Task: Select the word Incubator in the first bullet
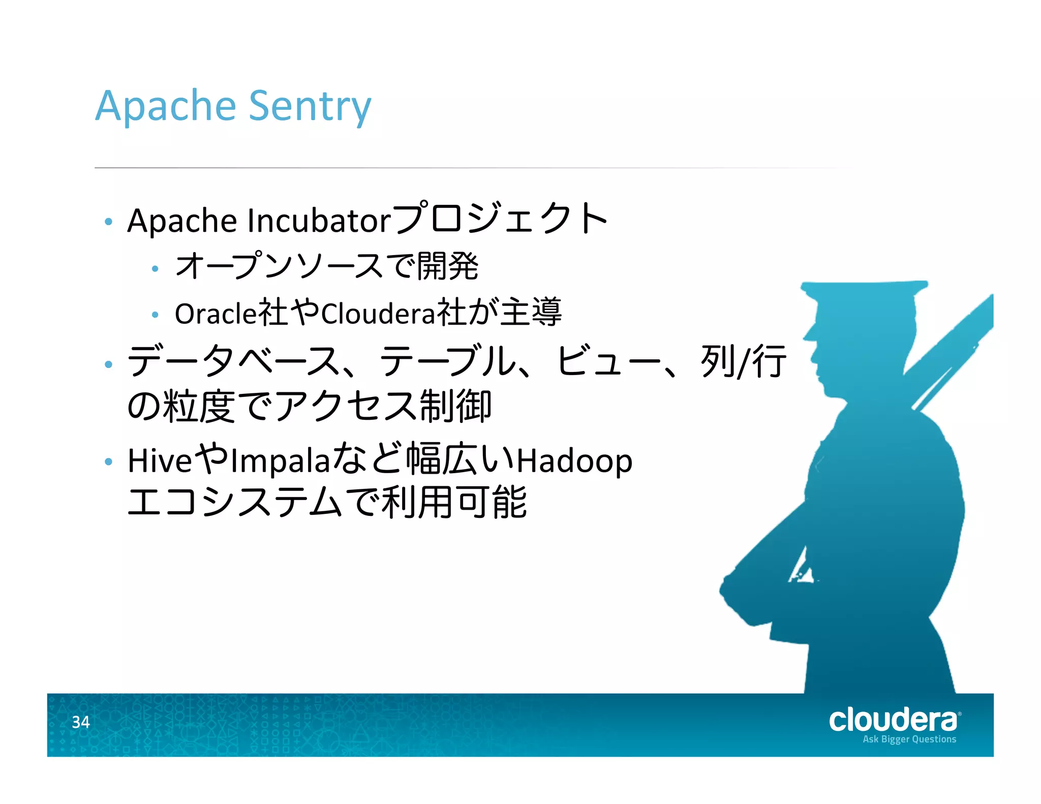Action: (319, 221)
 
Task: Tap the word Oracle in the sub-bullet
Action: (216, 313)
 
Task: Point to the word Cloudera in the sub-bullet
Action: (378, 313)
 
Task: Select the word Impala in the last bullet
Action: (280, 461)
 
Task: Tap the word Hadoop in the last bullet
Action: (574, 461)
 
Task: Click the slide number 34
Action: (81, 722)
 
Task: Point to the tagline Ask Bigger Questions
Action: (909, 739)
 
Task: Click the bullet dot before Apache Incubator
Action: (108, 222)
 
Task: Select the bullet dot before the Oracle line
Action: (156, 315)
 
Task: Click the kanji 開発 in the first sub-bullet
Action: (447, 266)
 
